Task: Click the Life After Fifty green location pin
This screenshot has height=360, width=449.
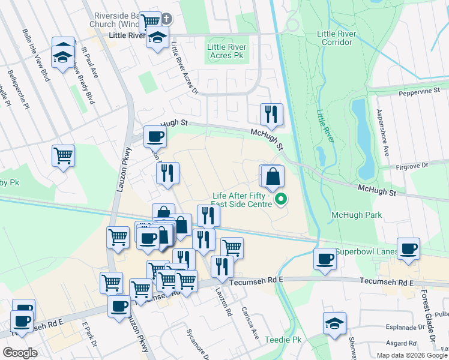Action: (280, 199)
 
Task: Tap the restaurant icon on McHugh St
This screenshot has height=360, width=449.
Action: (271, 113)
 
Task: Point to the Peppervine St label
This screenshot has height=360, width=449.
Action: (420, 94)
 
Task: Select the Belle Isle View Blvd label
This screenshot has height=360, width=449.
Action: (36, 54)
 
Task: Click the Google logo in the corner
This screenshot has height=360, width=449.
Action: (20, 353)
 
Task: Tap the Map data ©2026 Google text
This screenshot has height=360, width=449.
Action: (412, 355)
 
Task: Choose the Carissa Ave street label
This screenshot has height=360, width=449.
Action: (250, 322)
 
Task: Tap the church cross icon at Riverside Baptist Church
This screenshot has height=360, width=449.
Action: (166, 19)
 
